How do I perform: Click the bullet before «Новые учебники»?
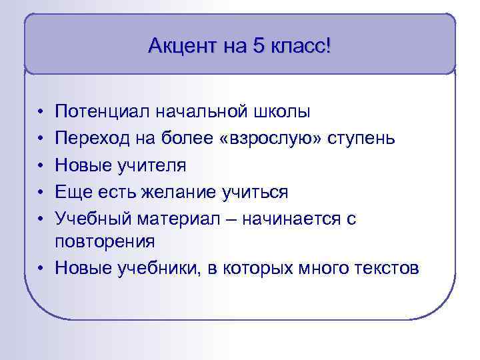[41, 269]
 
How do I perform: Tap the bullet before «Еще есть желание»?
[41, 193]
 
